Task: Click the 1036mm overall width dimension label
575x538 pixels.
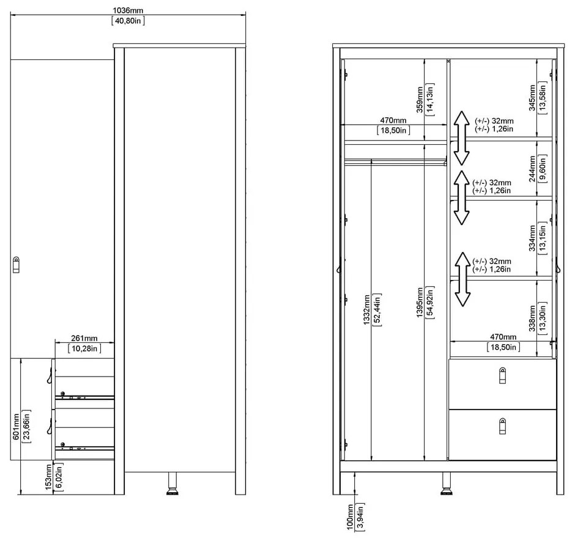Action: coord(128,10)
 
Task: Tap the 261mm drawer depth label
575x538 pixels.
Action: coord(84,339)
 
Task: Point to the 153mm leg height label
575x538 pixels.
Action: coord(48,476)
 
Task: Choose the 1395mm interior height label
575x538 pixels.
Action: coord(420,301)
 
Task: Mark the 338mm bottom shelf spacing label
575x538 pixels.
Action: coord(532,317)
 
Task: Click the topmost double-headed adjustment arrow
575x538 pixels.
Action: coord(461,138)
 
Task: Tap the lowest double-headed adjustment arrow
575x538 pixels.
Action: coord(462,279)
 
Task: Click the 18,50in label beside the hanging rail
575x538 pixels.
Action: coord(393,130)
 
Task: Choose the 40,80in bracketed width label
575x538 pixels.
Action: coord(128,21)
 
